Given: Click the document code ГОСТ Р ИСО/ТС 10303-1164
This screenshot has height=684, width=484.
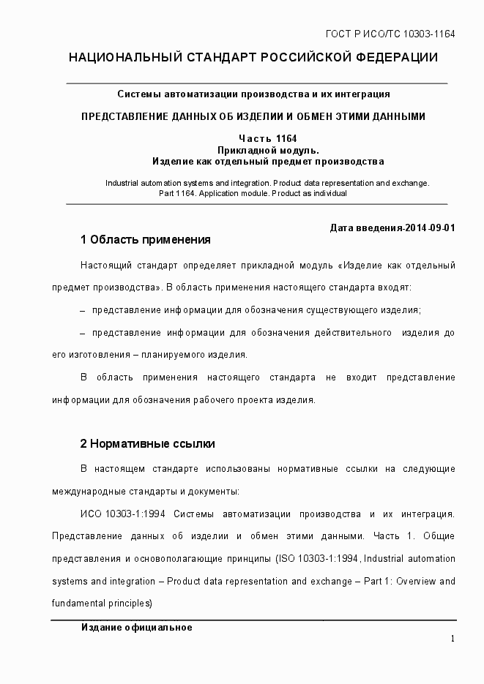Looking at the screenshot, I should [390, 34].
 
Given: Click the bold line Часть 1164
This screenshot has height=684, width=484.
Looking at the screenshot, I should [267, 139].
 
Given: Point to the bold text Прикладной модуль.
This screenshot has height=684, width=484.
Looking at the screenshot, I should [268, 150].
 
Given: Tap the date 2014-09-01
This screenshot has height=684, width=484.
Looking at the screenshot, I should [429, 228].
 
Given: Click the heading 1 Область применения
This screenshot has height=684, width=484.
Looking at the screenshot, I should [145, 239].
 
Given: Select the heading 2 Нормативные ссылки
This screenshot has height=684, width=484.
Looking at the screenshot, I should [147, 444].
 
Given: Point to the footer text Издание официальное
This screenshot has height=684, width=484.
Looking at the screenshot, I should [136, 628].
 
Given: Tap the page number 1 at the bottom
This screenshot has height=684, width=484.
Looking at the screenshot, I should [453, 639].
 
